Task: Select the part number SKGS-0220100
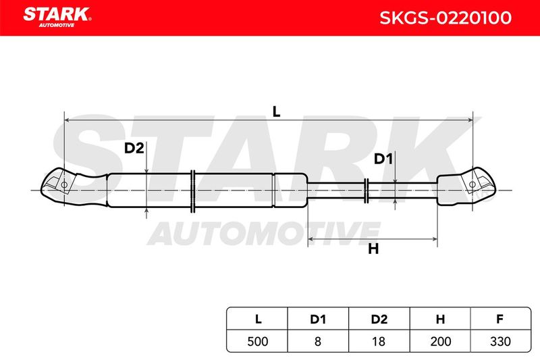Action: coord(446,18)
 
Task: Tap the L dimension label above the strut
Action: coord(276,111)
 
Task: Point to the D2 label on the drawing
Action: coord(134,148)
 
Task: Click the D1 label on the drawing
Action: coord(383,159)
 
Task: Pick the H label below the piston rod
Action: coord(373,249)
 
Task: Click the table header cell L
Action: coord(258,319)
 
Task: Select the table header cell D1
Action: coord(318,319)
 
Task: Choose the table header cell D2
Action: coord(379,319)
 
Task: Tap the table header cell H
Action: coord(440,319)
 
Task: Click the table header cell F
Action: coord(500,319)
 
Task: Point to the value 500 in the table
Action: coord(258,341)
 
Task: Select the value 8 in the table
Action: coord(317,341)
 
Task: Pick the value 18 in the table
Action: coord(378,341)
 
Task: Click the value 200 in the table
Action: coord(441,341)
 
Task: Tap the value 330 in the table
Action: coord(500,341)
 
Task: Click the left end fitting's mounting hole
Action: coord(63,185)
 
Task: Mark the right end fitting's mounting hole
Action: coord(473,184)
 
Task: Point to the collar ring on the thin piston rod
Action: coord(367,190)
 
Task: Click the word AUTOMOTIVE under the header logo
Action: coord(57,25)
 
